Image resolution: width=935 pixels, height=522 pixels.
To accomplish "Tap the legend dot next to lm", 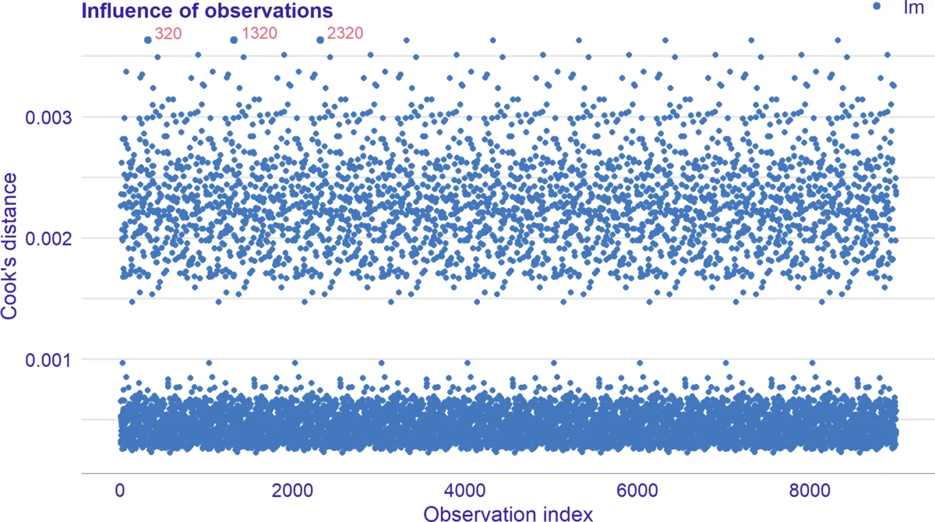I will click(x=877, y=6).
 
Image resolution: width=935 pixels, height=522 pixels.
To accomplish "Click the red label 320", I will click(x=168, y=34).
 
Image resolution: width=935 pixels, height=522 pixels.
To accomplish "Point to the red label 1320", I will click(x=258, y=34).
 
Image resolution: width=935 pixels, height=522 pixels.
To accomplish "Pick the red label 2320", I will click(x=344, y=34).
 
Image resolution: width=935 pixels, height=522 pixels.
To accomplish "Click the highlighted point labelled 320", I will click(x=147, y=40).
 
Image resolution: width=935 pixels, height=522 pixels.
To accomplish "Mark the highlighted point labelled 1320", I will click(x=234, y=40).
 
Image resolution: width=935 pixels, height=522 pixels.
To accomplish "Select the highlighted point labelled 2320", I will click(x=320, y=40).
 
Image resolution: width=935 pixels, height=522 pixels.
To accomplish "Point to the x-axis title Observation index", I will click(x=507, y=512).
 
